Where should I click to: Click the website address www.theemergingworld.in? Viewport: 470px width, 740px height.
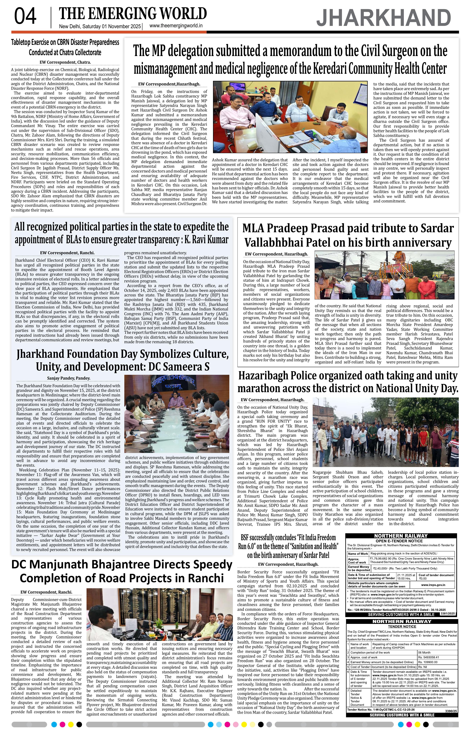click(176, 26)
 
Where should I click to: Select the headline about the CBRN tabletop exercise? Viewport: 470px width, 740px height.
click(65, 47)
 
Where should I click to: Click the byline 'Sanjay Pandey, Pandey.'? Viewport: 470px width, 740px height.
click(68, 378)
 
